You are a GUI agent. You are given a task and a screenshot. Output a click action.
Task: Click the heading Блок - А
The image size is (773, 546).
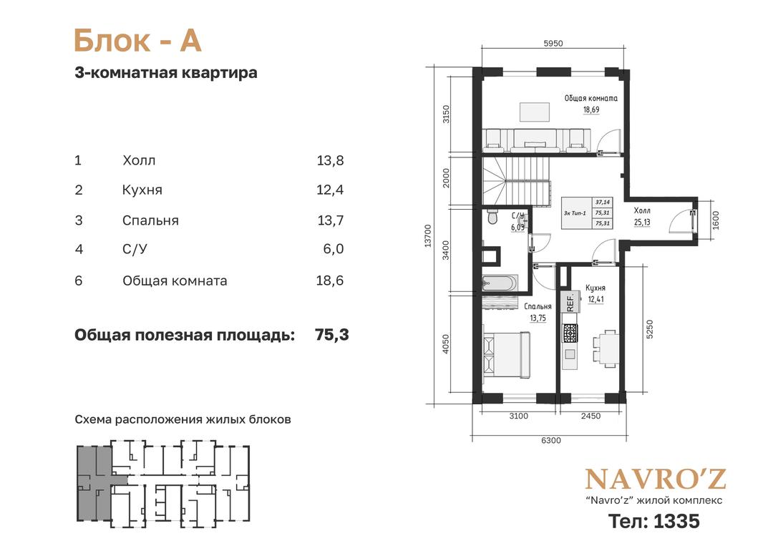coord(137,40)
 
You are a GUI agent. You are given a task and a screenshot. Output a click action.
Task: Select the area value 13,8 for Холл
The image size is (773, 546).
coord(330,160)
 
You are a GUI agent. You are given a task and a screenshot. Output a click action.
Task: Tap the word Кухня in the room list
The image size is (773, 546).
coord(142,190)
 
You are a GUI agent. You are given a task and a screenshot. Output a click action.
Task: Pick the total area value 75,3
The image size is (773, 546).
coord(332,335)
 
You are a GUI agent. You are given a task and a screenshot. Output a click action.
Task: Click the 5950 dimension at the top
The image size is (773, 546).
coord(553,44)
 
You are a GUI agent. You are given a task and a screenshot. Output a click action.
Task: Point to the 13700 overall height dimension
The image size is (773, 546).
coord(428,235)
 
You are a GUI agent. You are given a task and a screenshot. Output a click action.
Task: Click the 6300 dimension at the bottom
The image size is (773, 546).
coord(551,441)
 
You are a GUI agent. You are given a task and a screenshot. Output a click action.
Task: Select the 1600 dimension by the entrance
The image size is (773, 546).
coord(716,220)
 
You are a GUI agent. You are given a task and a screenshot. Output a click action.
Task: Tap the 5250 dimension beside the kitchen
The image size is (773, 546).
coord(650,329)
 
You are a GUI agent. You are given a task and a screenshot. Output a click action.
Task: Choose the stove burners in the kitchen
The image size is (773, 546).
coord(570,333)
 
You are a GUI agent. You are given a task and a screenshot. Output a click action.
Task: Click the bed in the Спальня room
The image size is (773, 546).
coord(507,354)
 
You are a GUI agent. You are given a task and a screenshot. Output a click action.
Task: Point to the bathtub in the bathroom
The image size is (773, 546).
coord(500,283)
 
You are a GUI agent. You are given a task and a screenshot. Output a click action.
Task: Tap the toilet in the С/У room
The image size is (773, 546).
coord(492,217)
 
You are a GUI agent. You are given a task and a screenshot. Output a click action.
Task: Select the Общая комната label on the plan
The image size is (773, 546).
coord(591,98)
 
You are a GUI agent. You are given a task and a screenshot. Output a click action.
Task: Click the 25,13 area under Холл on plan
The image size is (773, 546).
coord(642,223)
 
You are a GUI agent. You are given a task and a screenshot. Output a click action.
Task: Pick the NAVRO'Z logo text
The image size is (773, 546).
coord(656,479)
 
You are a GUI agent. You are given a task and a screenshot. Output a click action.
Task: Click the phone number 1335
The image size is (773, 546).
coord(676,521)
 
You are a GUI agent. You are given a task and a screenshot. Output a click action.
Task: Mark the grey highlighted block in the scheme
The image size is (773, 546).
coord(94,482)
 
